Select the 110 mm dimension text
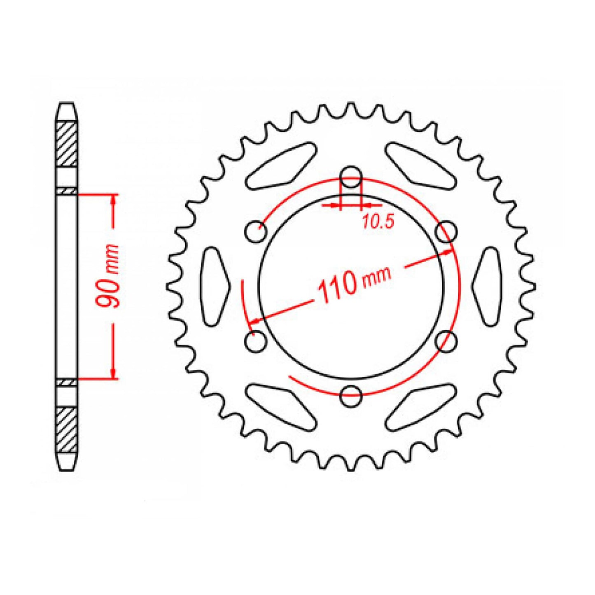pos(353,284)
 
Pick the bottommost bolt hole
pos(351,396)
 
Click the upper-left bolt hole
pos(256,232)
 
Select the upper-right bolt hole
pos(446,232)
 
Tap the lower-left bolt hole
pos(256,341)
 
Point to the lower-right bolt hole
pos(446,341)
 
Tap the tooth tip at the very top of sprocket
pos(351,106)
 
